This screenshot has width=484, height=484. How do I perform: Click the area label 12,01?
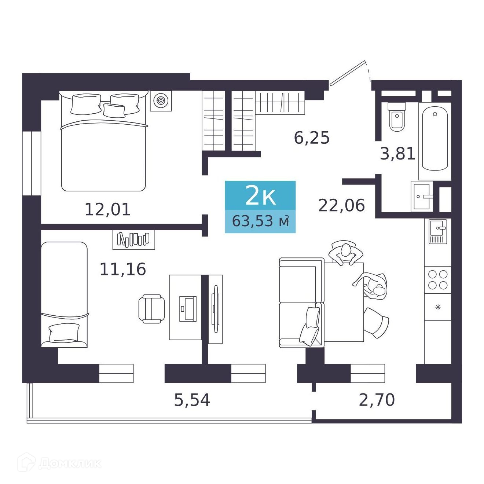(x=107, y=210)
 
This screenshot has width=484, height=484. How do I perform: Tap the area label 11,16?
(x=122, y=269)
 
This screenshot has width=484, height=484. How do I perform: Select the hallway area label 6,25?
(x=311, y=137)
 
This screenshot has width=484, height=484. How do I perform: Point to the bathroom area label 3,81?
(x=397, y=154)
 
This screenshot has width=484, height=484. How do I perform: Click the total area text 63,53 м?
(x=260, y=221)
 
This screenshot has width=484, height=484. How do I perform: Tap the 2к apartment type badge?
(x=260, y=195)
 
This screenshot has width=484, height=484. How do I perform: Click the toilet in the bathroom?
(x=397, y=117)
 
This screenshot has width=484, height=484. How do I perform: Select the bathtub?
(x=435, y=140)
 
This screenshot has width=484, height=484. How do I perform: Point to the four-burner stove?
(x=438, y=279)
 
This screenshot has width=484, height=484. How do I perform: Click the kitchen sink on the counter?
(x=438, y=231)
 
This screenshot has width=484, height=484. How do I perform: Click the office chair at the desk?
(x=151, y=309)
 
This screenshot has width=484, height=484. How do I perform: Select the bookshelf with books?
(x=133, y=239)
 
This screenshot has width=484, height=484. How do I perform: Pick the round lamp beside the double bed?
(x=161, y=100)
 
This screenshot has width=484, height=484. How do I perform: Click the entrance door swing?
(x=351, y=73)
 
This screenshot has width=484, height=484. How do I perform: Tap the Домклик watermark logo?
(x=59, y=463)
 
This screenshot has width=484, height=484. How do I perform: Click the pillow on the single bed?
(x=64, y=332)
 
